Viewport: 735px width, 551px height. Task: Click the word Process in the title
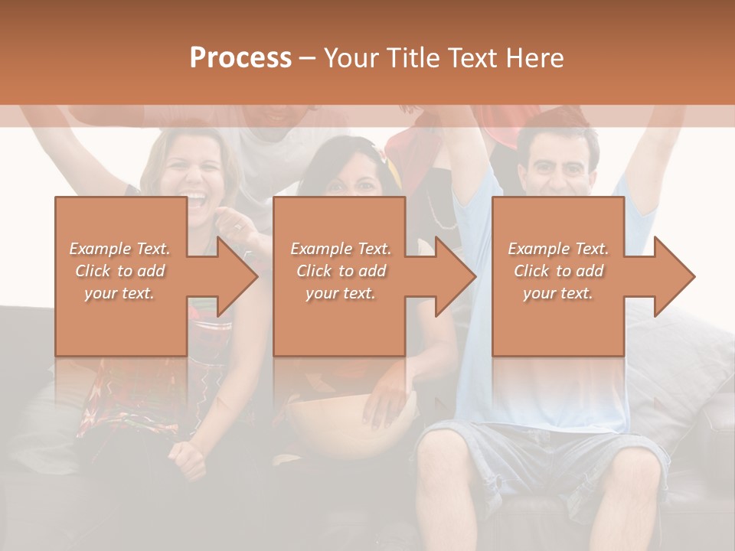(x=240, y=58)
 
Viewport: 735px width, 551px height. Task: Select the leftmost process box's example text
(x=120, y=271)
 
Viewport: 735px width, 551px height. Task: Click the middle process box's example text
(x=341, y=271)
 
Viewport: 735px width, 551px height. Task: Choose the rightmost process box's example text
(x=558, y=271)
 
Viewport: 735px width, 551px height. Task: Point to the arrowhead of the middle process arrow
(x=457, y=276)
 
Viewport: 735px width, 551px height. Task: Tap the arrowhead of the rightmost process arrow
(x=676, y=276)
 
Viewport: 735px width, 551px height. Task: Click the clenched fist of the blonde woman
(x=188, y=457)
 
